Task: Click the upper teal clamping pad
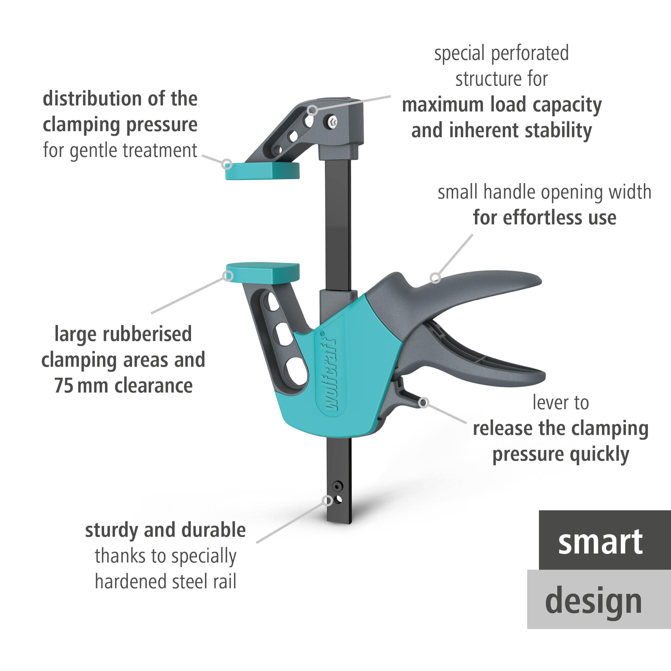coord(262,171)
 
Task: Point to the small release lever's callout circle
coord(423,403)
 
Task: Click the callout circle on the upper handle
coord(435,278)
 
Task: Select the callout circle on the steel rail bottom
coord(327,500)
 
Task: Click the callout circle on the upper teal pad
coord(227,164)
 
